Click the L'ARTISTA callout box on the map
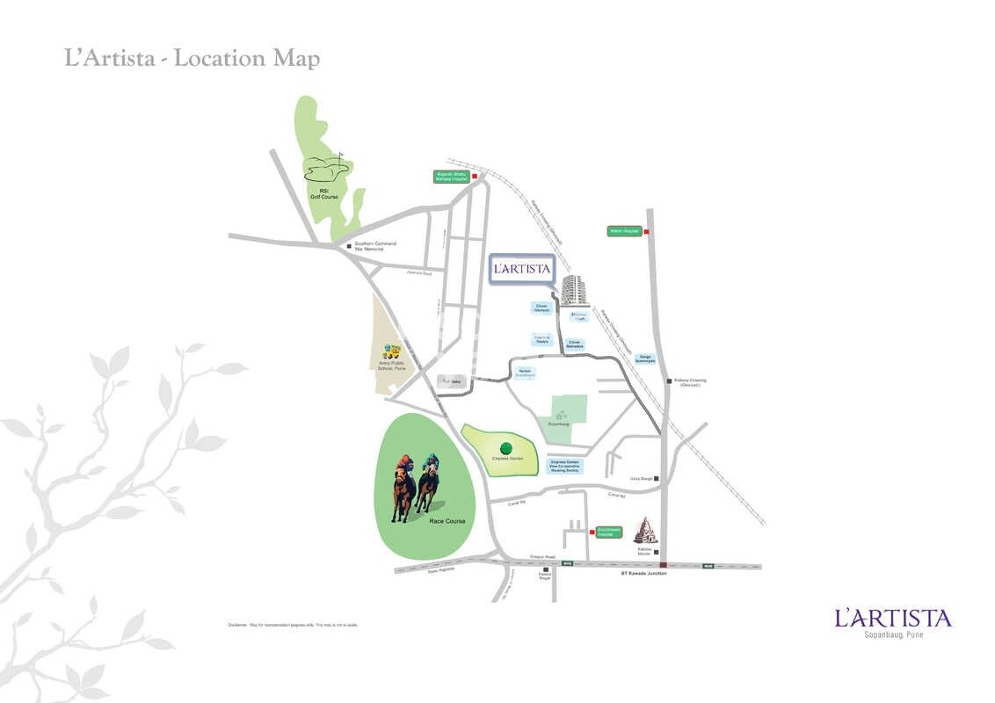(520, 269)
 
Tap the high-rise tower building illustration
(573, 289)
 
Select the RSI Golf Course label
(329, 193)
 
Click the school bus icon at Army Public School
(392, 353)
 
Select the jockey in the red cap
(403, 460)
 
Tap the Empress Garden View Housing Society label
(564, 466)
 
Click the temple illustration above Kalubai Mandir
(647, 530)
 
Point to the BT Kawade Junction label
(643, 573)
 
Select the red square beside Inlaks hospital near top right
(646, 232)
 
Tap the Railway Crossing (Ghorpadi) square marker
(669, 380)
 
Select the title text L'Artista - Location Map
(192, 59)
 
